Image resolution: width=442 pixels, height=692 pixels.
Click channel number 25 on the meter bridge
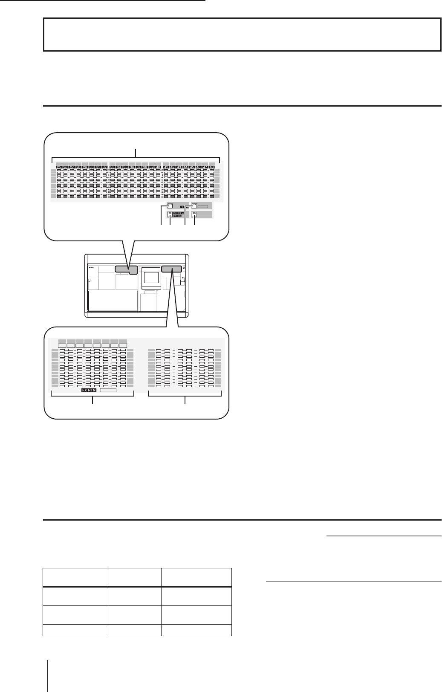coord(59,167)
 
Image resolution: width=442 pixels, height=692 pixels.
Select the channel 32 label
coord(105,167)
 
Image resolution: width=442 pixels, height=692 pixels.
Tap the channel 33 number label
coord(113,167)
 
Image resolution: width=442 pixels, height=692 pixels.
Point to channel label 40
coord(158,167)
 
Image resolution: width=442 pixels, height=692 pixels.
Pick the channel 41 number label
coord(166,167)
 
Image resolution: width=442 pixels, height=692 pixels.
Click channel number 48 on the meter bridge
coord(212,167)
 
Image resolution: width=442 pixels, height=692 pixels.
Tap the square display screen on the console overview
coord(150,278)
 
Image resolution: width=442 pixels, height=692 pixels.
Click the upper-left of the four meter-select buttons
coord(170,206)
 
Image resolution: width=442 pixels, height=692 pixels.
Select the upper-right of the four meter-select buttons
coord(194,206)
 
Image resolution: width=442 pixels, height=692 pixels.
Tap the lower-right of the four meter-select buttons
coord(195,214)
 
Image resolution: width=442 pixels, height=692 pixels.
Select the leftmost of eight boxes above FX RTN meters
coord(62,345)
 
